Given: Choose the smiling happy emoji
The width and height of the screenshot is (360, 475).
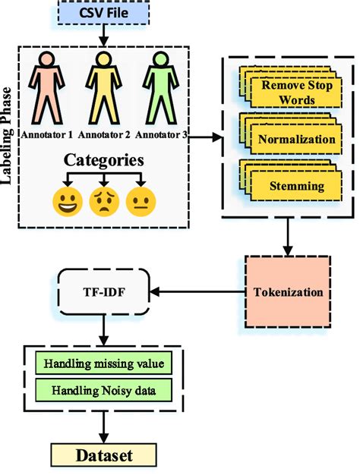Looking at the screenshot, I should point(65,203).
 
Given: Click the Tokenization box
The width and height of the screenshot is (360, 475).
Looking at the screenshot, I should point(288,291).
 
